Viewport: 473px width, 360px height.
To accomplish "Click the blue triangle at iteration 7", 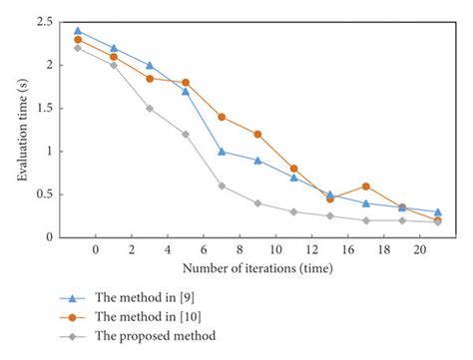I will click(x=222, y=152).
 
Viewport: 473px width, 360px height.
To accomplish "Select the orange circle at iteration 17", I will click(x=366, y=185).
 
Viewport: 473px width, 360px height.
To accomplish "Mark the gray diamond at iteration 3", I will click(x=150, y=108).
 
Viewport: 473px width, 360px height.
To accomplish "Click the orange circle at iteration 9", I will click(x=257, y=134).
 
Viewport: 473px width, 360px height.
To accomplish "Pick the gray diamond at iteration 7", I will click(x=222, y=185).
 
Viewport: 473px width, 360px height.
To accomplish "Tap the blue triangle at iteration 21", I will click(x=438, y=211).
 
